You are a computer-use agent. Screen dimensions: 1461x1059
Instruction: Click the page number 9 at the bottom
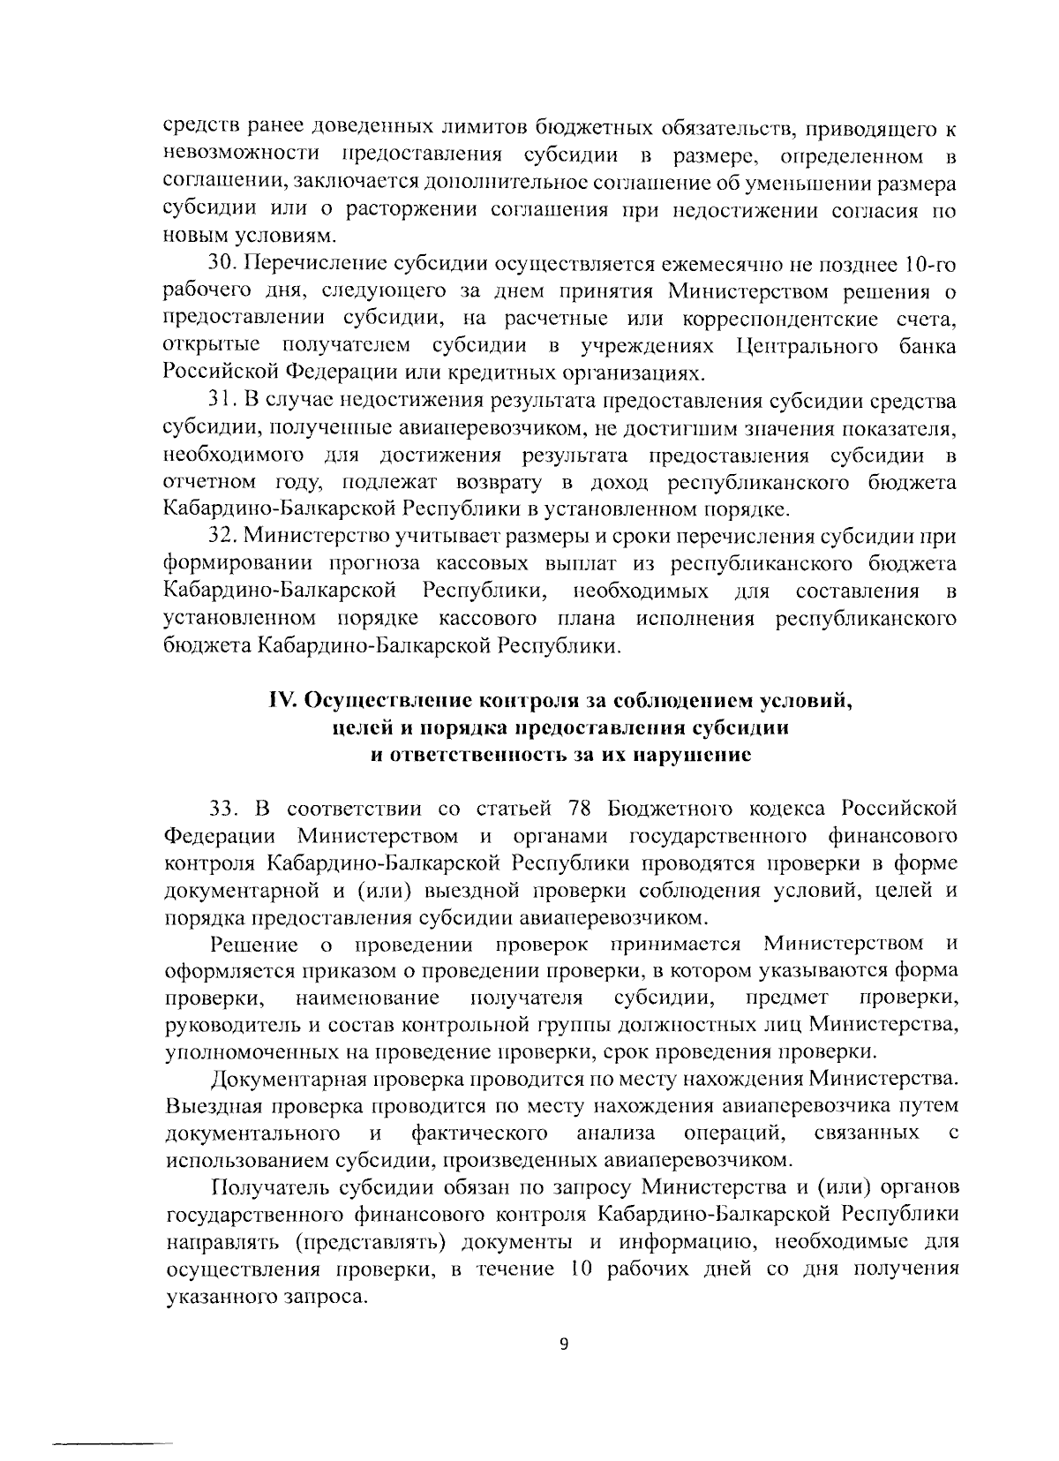563,1344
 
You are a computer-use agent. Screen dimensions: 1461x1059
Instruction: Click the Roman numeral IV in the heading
282,701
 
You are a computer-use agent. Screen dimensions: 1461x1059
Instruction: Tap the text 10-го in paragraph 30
930,264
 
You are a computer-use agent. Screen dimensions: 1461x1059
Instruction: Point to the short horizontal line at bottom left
113,1421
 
